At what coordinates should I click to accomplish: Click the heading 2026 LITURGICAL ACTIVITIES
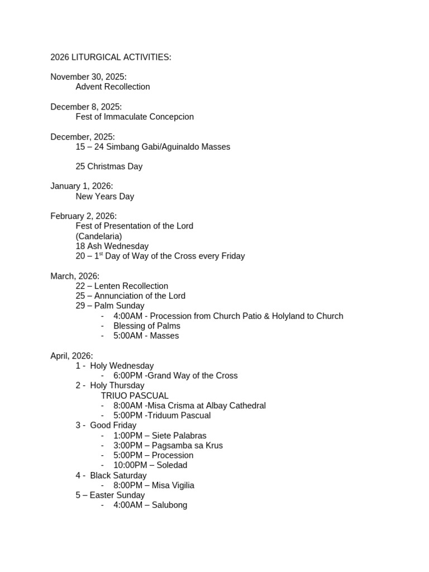coord(111,57)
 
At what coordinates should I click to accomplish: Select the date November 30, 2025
coord(88,77)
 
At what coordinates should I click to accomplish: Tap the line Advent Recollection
coord(113,87)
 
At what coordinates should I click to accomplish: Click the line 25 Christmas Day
coord(109,166)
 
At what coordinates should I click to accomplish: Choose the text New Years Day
coord(105,197)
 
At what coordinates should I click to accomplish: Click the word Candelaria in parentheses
coord(99,236)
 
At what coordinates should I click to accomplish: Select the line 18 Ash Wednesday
coord(112,246)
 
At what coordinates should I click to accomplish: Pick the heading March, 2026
coord(75,276)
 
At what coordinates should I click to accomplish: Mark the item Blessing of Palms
coord(147,326)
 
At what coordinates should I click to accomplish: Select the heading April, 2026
coord(71,356)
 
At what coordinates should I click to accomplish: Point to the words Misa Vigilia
coord(173,485)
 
